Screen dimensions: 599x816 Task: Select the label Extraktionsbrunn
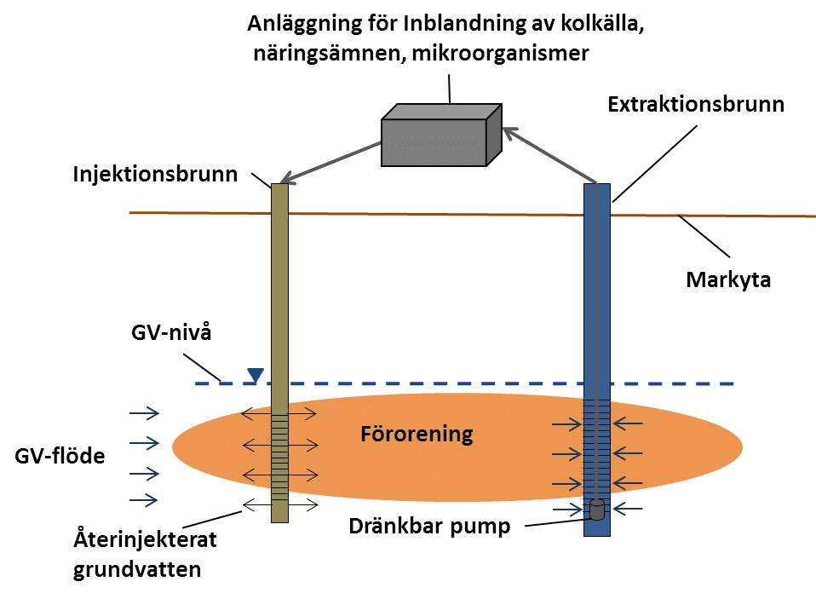point(696,105)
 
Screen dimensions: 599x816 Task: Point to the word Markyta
point(728,279)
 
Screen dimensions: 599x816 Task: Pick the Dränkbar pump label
point(429,526)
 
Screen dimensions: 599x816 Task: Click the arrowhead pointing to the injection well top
point(287,178)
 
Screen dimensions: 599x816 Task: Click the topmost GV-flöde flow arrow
point(145,415)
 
